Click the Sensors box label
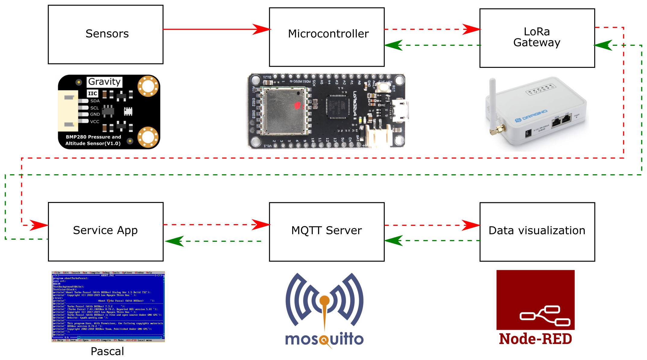pos(107,33)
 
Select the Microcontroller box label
pos(328,33)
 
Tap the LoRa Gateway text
pos(537,37)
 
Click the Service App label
pos(105,230)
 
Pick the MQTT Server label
pos(327,230)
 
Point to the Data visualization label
pos(537,230)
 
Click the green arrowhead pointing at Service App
pos(174,241)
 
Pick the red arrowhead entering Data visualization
pos(471,225)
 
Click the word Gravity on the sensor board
pos(104,82)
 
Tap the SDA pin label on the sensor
pos(95,101)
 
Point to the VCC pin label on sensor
pos(94,122)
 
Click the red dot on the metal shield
pos(297,106)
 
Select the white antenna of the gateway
pos(492,103)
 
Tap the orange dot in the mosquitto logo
pos(324,300)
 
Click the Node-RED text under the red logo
pos(535,339)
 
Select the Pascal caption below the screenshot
pos(107,351)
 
